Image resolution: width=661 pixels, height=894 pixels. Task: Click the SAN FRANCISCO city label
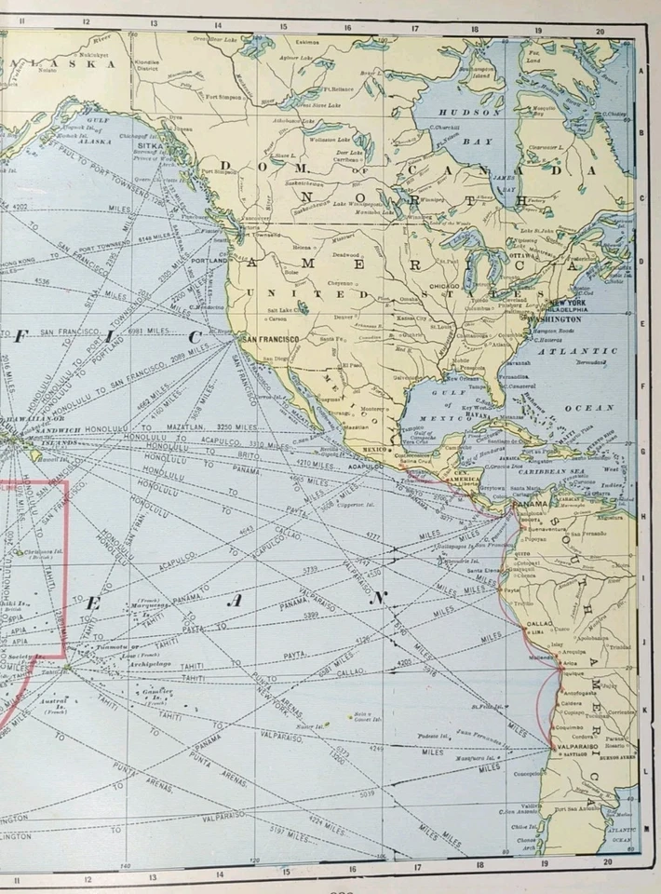(271, 339)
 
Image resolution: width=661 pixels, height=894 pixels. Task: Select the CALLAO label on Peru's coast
(541, 623)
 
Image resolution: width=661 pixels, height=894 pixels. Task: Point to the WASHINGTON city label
(556, 318)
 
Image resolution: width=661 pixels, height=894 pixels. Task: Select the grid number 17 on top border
(414, 28)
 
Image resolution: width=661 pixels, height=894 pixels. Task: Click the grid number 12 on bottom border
(86, 878)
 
